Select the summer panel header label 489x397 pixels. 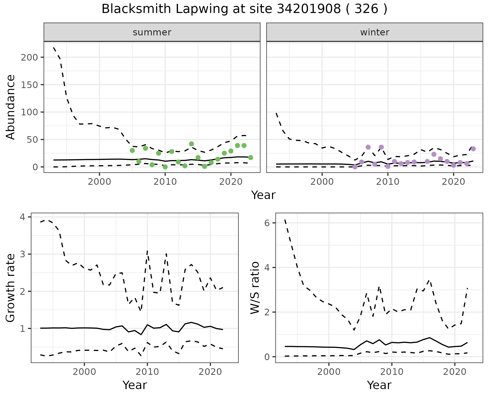point(152,32)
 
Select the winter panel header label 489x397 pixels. point(375,32)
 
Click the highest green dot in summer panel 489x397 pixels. point(192,144)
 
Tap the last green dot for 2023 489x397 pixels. point(250,158)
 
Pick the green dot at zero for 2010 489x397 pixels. point(165,167)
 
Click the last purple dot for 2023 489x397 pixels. point(473,149)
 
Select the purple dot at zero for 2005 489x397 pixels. point(355,167)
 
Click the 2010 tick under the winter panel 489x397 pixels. point(388,182)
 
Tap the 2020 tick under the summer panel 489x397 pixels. point(230,182)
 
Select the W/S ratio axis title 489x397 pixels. point(255,288)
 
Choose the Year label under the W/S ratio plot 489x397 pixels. point(379,385)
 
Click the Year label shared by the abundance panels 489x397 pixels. point(263,195)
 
